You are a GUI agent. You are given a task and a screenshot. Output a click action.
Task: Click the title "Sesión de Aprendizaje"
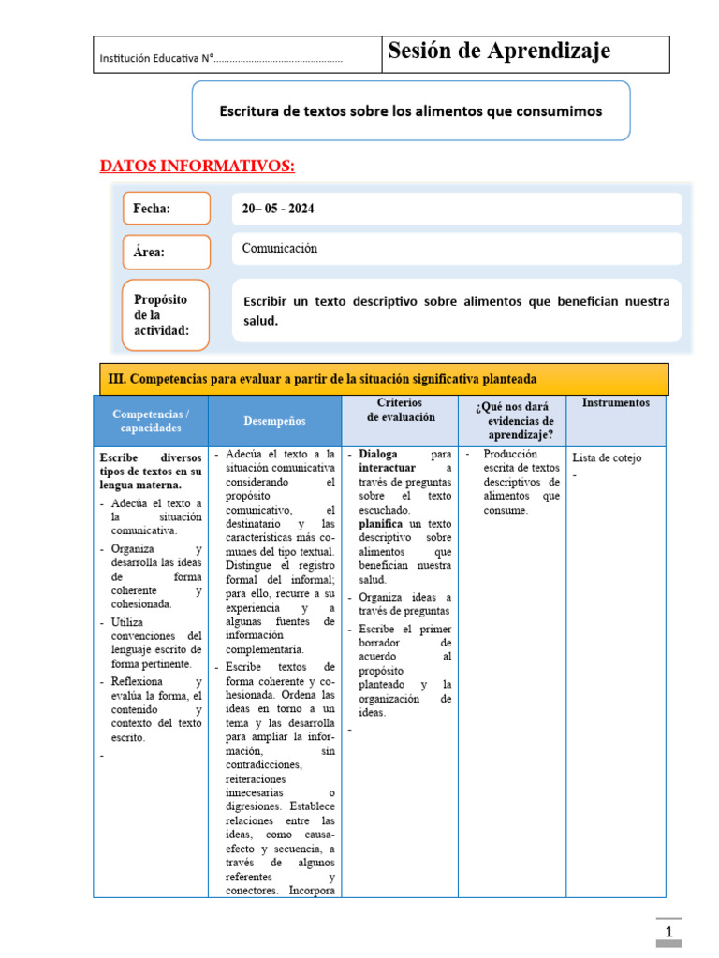click(499, 51)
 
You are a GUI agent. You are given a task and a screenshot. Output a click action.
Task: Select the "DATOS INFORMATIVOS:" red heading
click(198, 167)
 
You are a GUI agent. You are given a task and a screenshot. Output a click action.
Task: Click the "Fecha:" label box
click(166, 209)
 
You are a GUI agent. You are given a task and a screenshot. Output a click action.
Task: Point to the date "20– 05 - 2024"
click(278, 209)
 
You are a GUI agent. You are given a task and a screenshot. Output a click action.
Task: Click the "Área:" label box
click(166, 252)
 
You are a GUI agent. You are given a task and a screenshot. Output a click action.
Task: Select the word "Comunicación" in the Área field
click(280, 249)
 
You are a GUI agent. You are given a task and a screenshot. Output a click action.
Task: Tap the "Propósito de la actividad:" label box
click(166, 314)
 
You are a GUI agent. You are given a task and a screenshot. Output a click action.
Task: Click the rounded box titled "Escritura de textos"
click(410, 110)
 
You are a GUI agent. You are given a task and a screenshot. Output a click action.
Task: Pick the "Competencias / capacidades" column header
click(151, 421)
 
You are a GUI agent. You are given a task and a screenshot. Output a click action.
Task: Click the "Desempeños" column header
click(274, 422)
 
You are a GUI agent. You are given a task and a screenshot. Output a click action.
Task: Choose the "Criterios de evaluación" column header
click(400, 410)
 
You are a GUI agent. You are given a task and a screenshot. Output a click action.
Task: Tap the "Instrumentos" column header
click(615, 403)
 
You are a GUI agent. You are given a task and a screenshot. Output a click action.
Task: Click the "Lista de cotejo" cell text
click(607, 458)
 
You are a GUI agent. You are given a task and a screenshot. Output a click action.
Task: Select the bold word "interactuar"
click(387, 468)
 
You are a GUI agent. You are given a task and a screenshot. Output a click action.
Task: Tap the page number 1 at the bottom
click(669, 933)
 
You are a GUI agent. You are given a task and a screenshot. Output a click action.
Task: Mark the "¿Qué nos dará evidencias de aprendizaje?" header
click(513, 420)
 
